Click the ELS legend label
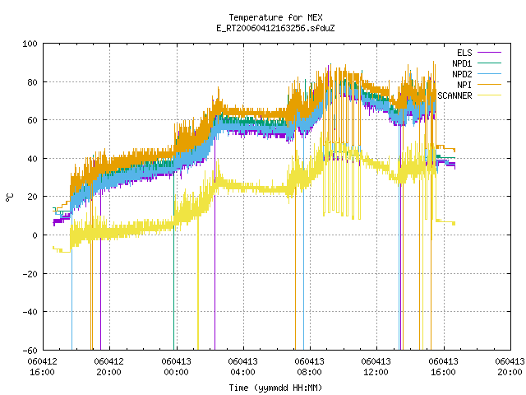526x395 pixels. pyautogui.click(x=464, y=53)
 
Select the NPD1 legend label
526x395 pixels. pyautogui.click(x=462, y=63)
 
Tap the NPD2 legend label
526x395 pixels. pyautogui.click(x=462, y=74)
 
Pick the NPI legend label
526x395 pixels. pyautogui.click(x=464, y=85)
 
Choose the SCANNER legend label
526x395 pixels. pyautogui.click(x=454, y=95)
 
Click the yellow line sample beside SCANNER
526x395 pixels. pyautogui.click(x=489, y=95)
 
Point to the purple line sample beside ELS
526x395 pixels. pyautogui.click(x=489, y=53)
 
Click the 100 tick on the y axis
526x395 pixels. pyautogui.click(x=30, y=44)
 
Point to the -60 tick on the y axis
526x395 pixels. pyautogui.click(x=30, y=351)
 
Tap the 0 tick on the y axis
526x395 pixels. pyautogui.click(x=35, y=235)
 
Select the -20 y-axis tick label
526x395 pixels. pyautogui.click(x=30, y=274)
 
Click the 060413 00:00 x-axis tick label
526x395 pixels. pyautogui.click(x=176, y=367)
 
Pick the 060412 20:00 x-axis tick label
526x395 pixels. pyautogui.click(x=109, y=367)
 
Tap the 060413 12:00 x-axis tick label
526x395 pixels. pyautogui.click(x=376, y=367)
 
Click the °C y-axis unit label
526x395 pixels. pyautogui.click(x=10, y=197)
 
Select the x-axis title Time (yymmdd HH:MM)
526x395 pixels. pyautogui.click(x=275, y=388)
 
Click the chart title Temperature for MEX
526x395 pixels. pyautogui.click(x=276, y=17)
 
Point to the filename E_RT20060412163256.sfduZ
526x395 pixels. pyautogui.click(x=276, y=28)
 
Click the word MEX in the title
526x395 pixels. pyautogui.click(x=316, y=17)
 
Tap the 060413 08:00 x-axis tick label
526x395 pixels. pyautogui.click(x=309, y=367)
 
